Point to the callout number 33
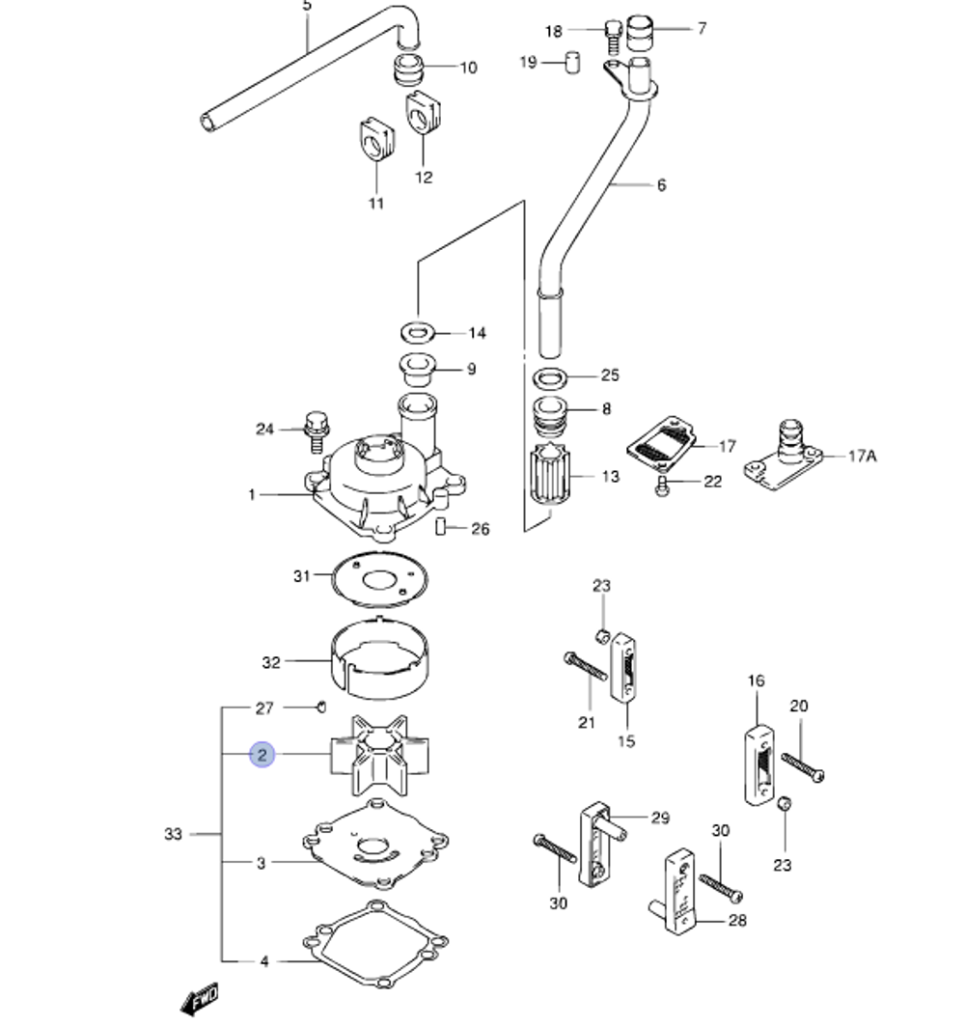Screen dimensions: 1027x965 pos(173,833)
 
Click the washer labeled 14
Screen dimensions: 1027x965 pos(416,333)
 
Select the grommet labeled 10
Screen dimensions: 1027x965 pos(411,70)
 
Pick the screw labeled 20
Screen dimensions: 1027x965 pos(802,767)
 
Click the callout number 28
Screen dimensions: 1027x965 pos(737,921)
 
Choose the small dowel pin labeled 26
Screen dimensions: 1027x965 pos(439,527)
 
